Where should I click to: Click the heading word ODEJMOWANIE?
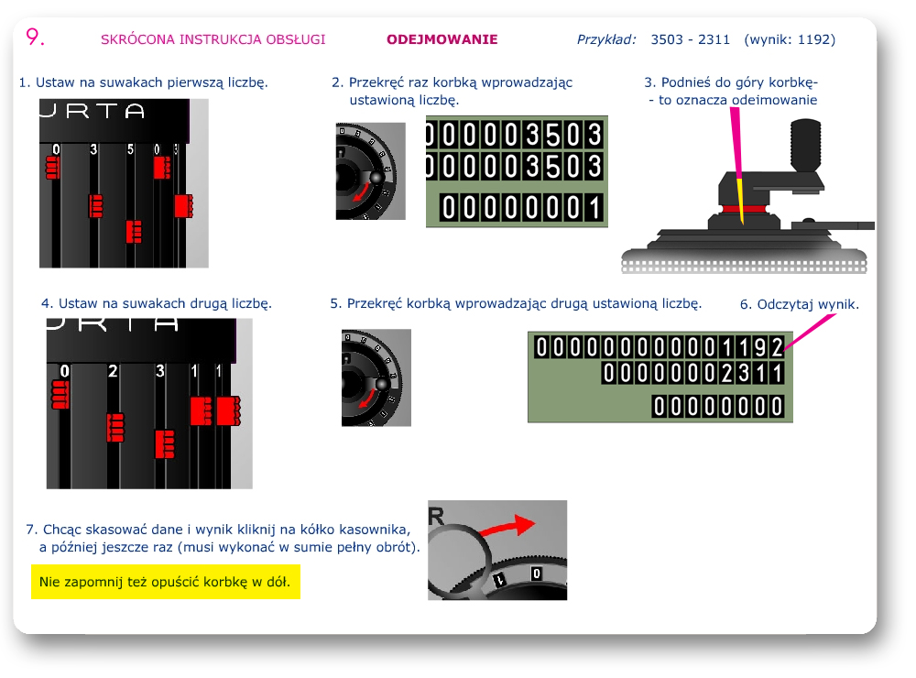[x=442, y=39]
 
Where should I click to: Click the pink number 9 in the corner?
[x=35, y=37]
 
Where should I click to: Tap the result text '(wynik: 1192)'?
[x=790, y=39]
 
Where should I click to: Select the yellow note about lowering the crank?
[x=165, y=582]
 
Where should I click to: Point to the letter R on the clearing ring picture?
[x=436, y=516]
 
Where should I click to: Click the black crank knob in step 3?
[x=805, y=144]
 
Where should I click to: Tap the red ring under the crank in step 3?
[x=744, y=209]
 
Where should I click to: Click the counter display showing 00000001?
[x=522, y=207]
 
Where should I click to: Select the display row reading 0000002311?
[x=693, y=372]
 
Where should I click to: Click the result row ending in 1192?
[x=660, y=347]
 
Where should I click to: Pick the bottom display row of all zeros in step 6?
[x=718, y=406]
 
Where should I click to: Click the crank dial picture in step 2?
[x=370, y=171]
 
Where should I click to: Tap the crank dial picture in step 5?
[x=376, y=377]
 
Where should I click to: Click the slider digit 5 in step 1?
[x=130, y=149]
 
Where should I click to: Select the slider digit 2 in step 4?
[x=113, y=371]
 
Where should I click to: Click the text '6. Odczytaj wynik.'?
[x=799, y=304]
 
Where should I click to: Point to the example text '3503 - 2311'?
[x=691, y=39]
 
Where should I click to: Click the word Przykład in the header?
[x=606, y=39]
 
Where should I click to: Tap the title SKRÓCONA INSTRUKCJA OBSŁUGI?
[x=213, y=39]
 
